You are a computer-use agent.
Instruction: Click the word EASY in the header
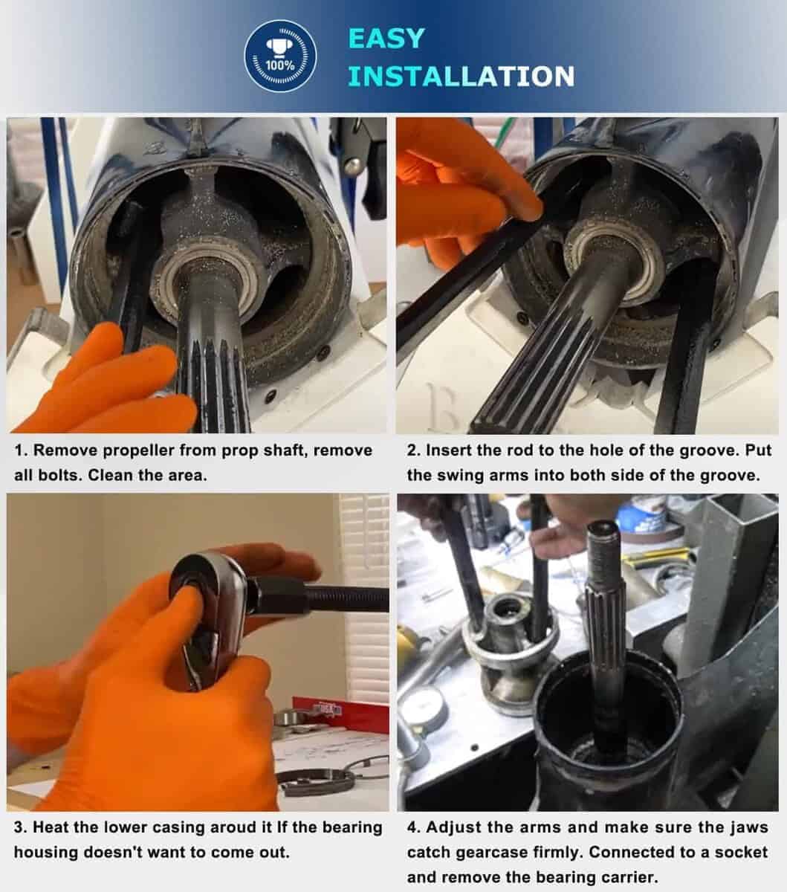pos(386,39)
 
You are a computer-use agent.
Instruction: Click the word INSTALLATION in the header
pos(461,76)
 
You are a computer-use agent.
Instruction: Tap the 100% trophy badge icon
pos(280,56)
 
